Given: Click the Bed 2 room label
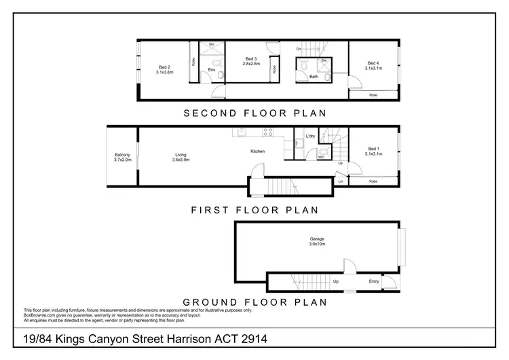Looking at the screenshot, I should pos(164,69).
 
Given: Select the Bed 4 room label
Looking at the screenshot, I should pos(373,66).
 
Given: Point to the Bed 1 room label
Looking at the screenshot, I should pos(373,151).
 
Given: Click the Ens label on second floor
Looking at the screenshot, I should pos(211,70).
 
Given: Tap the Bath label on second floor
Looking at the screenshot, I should pos(314,77).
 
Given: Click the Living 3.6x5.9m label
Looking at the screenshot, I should pos(181,158).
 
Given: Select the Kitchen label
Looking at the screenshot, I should pos(257,151).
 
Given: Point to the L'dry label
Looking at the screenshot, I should pos(310,137).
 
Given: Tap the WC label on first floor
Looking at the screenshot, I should pos(321,158).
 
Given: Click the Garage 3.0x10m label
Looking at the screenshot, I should pos(316,241).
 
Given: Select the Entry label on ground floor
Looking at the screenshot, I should pos(374,281).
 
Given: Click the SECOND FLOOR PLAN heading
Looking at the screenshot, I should pos(254,113).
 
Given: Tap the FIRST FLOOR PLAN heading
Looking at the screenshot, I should pos(254,210).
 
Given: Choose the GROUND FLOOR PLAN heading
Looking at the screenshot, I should pos(254,302).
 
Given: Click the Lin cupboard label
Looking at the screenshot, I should pos(340,181).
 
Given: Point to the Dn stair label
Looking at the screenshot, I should pos(299,50).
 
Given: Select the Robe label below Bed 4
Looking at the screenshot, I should pos(373,95).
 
